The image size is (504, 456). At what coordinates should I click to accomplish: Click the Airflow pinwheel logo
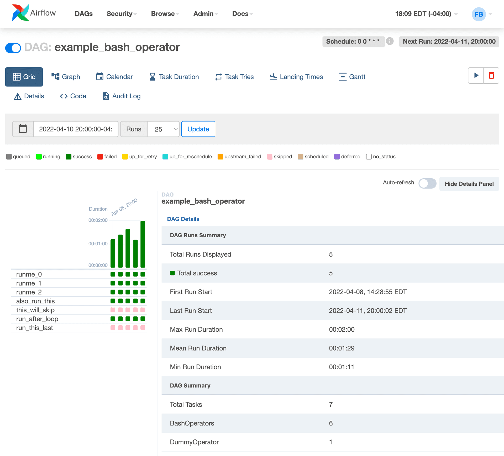[x=20, y=13]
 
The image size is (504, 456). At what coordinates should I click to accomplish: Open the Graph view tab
[x=66, y=77]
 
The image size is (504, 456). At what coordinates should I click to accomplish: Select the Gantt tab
[x=352, y=77]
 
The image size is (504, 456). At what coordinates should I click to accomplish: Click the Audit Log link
[x=122, y=96]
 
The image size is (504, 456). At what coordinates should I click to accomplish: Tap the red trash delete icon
[x=491, y=76]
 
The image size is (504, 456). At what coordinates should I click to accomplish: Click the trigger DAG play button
[x=476, y=76]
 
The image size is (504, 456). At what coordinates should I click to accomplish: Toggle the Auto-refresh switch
[x=427, y=183]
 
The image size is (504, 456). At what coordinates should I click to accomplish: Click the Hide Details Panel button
[x=469, y=184]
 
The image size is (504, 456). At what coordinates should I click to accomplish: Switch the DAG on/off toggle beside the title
[x=13, y=48]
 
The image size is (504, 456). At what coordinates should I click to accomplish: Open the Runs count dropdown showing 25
[x=163, y=129]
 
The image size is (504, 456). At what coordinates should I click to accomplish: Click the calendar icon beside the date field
[x=23, y=129]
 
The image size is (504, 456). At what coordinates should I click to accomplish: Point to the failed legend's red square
[x=100, y=157]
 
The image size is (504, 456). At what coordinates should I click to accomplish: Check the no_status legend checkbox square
[x=369, y=157]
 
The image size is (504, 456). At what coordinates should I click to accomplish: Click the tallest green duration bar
[x=143, y=244]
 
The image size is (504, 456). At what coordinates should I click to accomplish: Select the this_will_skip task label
[x=35, y=310]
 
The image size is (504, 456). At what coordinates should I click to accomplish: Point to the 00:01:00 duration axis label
[x=98, y=244]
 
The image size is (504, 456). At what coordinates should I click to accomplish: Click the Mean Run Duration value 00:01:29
[x=342, y=348]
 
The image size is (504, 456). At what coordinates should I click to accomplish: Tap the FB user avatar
[x=479, y=14]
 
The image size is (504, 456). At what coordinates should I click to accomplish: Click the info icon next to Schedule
[x=390, y=41]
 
